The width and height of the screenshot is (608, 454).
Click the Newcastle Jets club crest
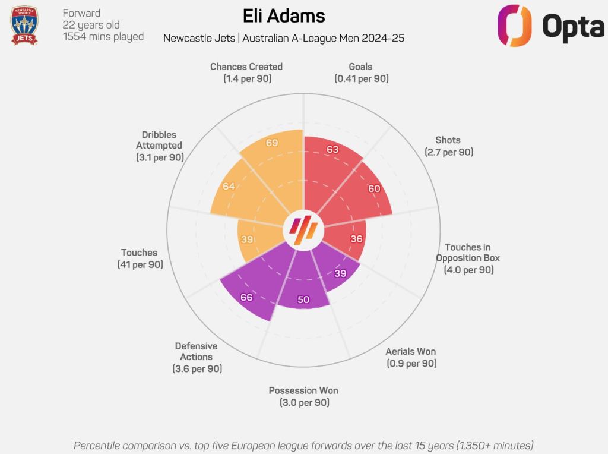(24, 26)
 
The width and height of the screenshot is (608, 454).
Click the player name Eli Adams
(284, 15)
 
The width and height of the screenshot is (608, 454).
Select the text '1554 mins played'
(103, 37)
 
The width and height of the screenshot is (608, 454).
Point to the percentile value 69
(273, 143)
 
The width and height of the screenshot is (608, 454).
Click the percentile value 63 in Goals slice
(332, 150)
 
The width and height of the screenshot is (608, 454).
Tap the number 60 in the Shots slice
(373, 189)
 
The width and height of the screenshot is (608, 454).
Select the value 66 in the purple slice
(246, 297)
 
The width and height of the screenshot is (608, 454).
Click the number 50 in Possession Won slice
(303, 299)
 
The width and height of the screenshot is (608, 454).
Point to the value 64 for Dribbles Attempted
(229, 186)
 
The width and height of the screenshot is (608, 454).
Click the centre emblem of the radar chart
(304, 229)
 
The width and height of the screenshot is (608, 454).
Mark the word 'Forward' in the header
(81, 13)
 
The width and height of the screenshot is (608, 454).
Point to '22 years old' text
(91, 25)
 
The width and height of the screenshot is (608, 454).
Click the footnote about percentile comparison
(303, 445)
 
